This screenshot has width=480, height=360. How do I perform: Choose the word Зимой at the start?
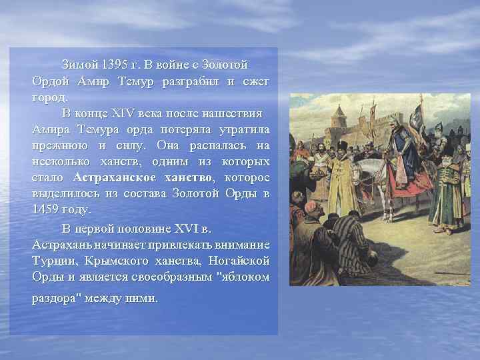(x=79, y=65)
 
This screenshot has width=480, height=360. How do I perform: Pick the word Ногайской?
(x=239, y=260)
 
